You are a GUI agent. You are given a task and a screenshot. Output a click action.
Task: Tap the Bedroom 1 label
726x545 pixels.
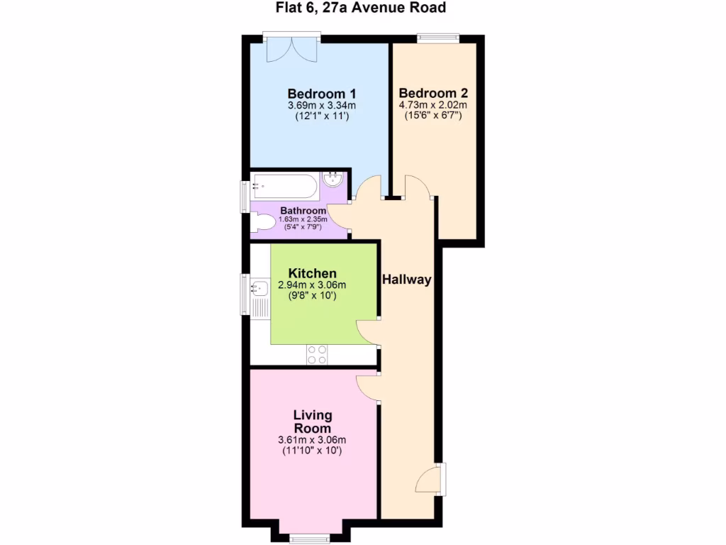(321, 94)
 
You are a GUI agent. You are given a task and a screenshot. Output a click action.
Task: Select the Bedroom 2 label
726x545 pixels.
(433, 93)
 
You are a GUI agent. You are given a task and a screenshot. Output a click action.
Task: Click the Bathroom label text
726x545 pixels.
(303, 211)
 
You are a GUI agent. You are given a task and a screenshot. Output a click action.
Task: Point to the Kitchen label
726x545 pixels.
(312, 273)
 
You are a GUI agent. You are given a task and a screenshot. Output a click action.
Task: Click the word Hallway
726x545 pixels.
(406, 280)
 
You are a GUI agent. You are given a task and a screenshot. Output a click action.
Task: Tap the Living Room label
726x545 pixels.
(312, 422)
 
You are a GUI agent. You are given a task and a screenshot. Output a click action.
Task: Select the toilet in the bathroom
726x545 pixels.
(262, 223)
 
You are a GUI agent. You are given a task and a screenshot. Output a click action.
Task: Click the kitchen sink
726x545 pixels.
(259, 288)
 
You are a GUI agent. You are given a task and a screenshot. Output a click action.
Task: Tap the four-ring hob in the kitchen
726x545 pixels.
(317, 354)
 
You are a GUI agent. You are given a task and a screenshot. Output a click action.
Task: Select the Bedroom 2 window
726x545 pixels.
(437, 38)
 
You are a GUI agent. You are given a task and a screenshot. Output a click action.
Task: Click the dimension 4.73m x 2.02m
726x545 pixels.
(433, 105)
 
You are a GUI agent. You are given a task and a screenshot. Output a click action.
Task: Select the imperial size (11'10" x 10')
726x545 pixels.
(312, 450)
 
